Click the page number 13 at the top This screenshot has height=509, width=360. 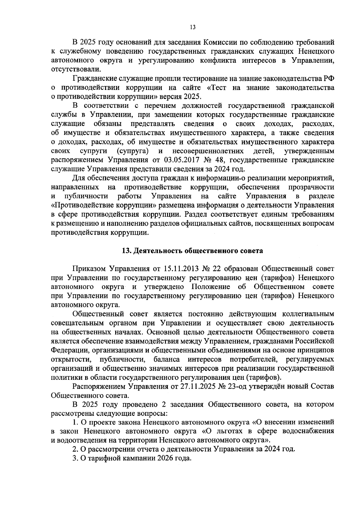click(x=193, y=27)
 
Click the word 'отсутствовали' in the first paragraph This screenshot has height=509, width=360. click(x=76, y=70)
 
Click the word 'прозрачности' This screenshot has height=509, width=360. click(x=311, y=187)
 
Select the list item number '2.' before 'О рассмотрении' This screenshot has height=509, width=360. click(x=75, y=449)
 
